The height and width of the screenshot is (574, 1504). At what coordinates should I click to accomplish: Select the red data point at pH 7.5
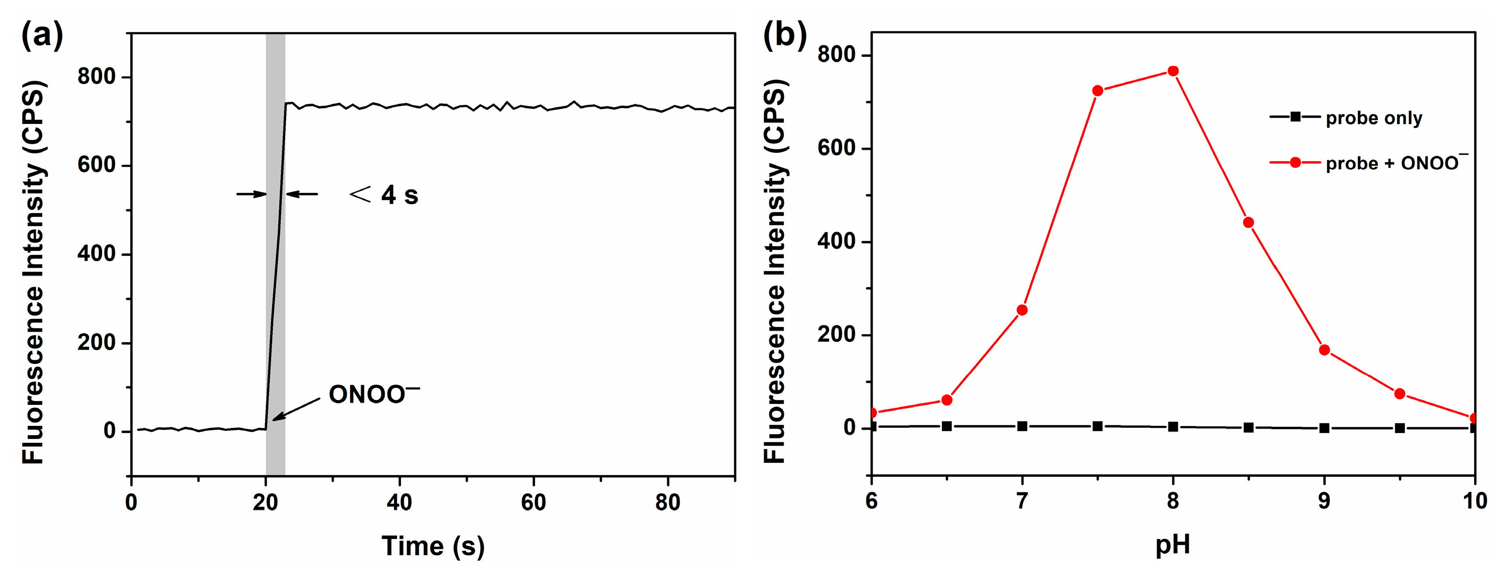1098,90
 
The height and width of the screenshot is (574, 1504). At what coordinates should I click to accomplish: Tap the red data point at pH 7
1022,310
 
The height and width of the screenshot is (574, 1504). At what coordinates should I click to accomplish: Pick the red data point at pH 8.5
1249,223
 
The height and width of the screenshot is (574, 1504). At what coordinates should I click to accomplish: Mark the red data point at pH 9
1324,350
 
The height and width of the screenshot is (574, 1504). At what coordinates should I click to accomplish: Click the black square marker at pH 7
1022,426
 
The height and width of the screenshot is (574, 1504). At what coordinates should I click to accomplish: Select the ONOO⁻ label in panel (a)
374,394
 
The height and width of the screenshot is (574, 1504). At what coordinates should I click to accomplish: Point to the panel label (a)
42,36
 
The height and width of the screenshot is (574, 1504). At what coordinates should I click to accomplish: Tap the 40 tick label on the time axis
400,502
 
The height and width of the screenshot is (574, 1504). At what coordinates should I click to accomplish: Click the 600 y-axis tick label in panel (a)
96,165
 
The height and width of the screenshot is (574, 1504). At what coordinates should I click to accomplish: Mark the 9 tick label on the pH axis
1324,501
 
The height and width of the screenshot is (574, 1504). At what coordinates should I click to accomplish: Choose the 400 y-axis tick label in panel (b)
837,241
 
